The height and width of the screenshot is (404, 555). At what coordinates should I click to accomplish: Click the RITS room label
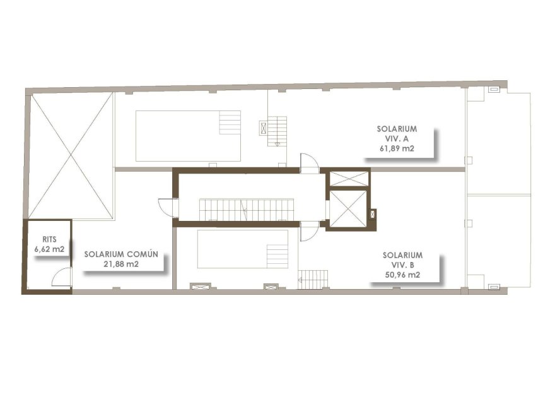click(x=50, y=239)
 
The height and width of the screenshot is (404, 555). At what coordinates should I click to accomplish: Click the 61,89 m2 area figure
click(x=397, y=148)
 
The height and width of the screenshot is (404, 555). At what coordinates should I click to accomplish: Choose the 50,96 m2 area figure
click(x=402, y=275)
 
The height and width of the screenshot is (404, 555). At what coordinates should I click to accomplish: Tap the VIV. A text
click(x=397, y=138)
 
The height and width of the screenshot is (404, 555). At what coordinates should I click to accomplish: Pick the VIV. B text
click(x=402, y=265)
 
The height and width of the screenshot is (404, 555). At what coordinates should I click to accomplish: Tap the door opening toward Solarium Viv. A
click(x=309, y=163)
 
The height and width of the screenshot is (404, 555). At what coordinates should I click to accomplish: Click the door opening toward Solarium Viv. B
click(x=309, y=232)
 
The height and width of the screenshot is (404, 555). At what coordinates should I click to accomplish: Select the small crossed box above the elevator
click(x=348, y=179)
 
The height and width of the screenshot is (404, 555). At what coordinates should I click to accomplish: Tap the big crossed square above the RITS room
click(x=71, y=156)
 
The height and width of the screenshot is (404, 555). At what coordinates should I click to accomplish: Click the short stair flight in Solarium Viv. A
click(x=277, y=131)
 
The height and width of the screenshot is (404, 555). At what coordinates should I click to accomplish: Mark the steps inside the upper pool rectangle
click(x=230, y=122)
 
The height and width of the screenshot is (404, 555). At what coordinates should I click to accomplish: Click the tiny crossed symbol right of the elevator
click(x=372, y=214)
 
